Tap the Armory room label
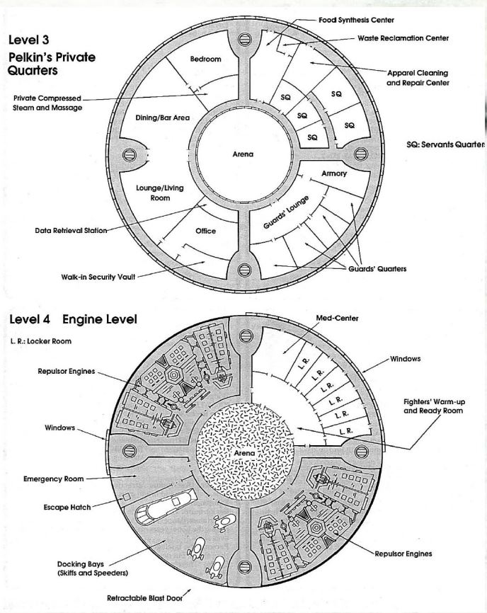pos(334,173)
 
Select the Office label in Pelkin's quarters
pos(205,231)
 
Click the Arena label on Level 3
pos(243,154)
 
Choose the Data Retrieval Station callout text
pos(71,231)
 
